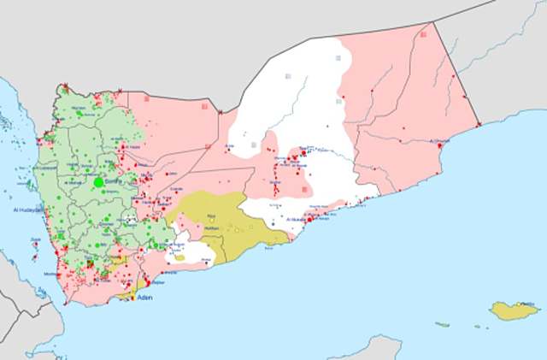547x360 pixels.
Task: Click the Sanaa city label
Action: (x=112, y=180)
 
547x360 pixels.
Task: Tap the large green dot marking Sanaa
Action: (x=98, y=181)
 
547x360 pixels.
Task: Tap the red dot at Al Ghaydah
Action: (x=439, y=147)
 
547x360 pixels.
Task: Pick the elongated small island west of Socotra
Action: (x=443, y=324)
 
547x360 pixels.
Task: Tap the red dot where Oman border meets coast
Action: (x=479, y=125)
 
